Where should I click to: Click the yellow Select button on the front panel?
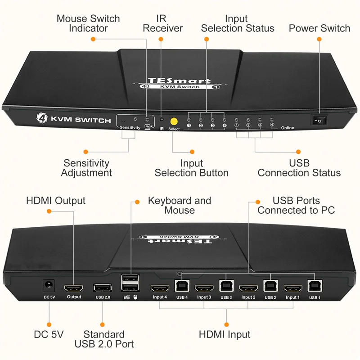[173, 121]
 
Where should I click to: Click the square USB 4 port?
[181, 287]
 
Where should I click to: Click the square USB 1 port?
[314, 286]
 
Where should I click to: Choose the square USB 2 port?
[270, 287]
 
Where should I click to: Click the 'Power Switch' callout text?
[319, 28]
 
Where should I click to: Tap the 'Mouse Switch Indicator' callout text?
[88, 23]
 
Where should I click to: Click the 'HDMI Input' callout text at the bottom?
[225, 334]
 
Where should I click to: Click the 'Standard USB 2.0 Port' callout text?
[104, 339]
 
